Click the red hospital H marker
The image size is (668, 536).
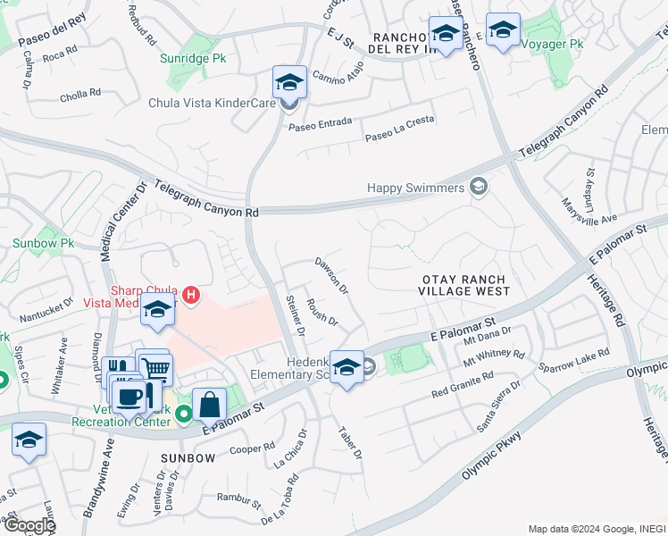(x=189, y=294)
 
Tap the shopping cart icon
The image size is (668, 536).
(x=156, y=367)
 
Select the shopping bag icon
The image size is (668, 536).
(x=209, y=404)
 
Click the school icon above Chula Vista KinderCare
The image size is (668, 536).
(x=289, y=82)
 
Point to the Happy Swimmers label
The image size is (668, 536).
(x=416, y=188)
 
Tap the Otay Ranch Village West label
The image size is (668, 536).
(x=465, y=285)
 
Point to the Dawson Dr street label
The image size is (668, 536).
(x=331, y=276)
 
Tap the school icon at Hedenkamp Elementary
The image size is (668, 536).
(x=347, y=366)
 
